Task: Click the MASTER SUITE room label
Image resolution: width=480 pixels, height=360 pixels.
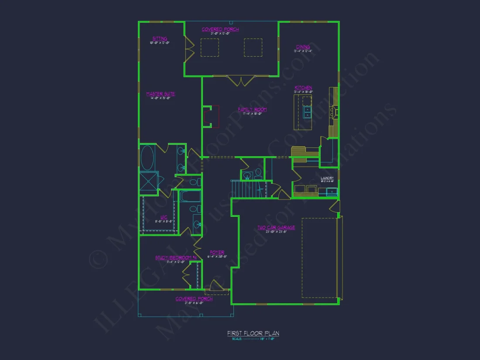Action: (x=161, y=94)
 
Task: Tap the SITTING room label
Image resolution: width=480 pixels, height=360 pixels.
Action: (x=160, y=38)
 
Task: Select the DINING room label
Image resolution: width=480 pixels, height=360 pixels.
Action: (x=303, y=47)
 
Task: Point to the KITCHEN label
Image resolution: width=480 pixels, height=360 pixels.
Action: (x=303, y=88)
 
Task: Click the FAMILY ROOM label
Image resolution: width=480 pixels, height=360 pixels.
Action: (x=252, y=110)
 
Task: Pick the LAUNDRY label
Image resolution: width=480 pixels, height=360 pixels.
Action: (x=327, y=178)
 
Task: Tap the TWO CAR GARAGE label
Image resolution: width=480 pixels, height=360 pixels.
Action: (x=276, y=227)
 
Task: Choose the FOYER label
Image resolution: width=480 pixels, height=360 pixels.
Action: (x=217, y=253)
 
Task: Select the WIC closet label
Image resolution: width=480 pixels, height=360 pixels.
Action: (x=164, y=217)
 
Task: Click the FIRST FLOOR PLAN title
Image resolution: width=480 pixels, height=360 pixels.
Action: (x=253, y=333)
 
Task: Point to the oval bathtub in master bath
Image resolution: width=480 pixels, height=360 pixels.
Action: (x=147, y=158)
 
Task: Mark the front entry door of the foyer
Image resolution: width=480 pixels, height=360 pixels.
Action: (x=216, y=286)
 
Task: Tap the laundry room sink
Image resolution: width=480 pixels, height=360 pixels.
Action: (x=332, y=191)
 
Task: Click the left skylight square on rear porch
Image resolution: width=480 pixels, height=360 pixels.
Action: (x=209, y=48)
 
